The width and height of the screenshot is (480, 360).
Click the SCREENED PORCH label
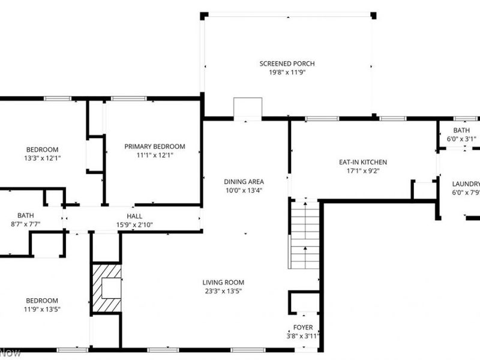click(287, 64)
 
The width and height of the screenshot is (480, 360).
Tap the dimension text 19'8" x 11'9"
click(287, 73)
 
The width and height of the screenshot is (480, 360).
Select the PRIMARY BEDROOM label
click(155, 146)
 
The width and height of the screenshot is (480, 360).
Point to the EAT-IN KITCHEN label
click(363, 162)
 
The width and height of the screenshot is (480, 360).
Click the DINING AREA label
click(244, 182)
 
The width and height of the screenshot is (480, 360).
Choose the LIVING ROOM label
click(223, 283)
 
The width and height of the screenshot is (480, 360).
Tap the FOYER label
click(303, 328)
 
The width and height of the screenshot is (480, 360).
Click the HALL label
click(134, 217)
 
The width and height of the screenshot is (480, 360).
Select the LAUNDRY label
click(466, 184)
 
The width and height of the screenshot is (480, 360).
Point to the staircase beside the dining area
click(305, 235)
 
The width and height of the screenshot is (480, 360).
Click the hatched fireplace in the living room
click(106, 288)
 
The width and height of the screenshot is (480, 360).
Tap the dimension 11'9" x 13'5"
click(42, 310)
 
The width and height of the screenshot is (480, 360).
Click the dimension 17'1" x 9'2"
click(363, 170)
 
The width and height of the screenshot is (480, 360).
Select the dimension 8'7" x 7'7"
click(25, 224)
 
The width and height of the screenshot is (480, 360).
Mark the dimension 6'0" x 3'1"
click(461, 139)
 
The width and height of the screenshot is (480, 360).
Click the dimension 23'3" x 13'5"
click(223, 292)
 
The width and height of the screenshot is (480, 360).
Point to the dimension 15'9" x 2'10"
click(134, 225)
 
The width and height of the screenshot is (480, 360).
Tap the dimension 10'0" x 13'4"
click(244, 191)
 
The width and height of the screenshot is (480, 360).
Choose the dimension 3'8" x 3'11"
click(303, 336)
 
